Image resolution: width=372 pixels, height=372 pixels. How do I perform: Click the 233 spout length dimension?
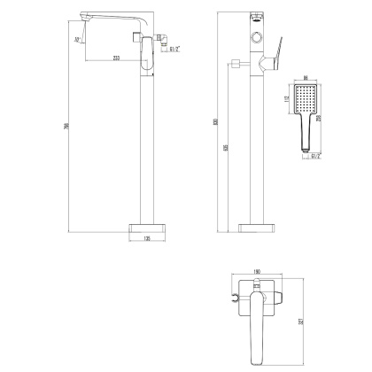coord(117,58)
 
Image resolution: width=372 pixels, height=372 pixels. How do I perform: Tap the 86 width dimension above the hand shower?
coord(306,79)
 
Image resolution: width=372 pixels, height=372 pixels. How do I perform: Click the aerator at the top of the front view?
coord(257,17)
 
